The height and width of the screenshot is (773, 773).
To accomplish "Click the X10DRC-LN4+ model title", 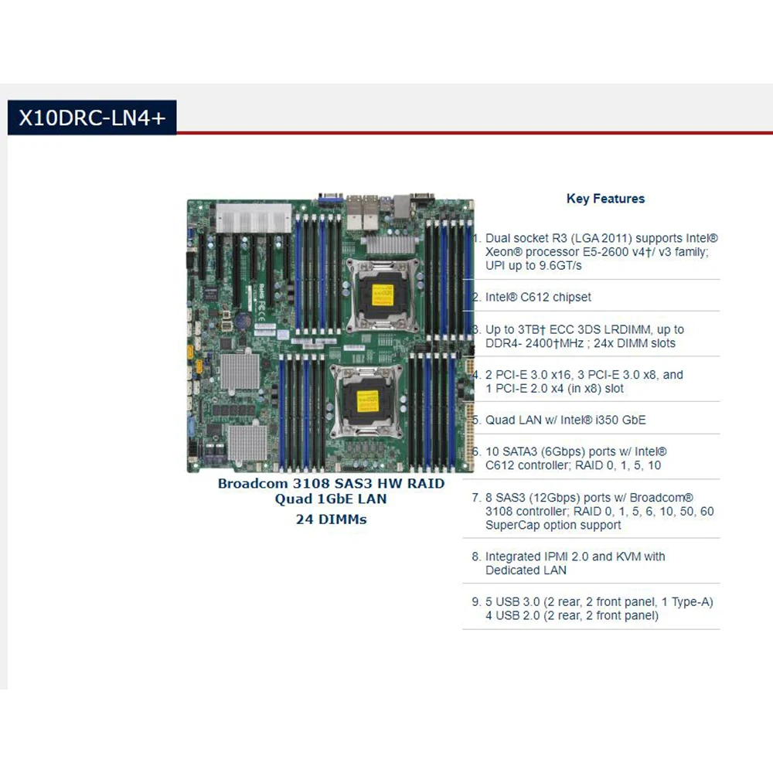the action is [91, 117].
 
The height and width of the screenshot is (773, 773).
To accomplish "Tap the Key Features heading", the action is [605, 199].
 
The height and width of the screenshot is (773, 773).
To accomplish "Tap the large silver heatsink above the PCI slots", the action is [251, 216].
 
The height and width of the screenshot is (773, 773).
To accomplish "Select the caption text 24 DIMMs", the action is [331, 519].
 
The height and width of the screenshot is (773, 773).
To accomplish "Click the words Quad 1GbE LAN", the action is [331, 499].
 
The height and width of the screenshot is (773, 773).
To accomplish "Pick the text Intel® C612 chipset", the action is [538, 297].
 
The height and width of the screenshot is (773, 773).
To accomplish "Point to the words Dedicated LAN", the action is [526, 570].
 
